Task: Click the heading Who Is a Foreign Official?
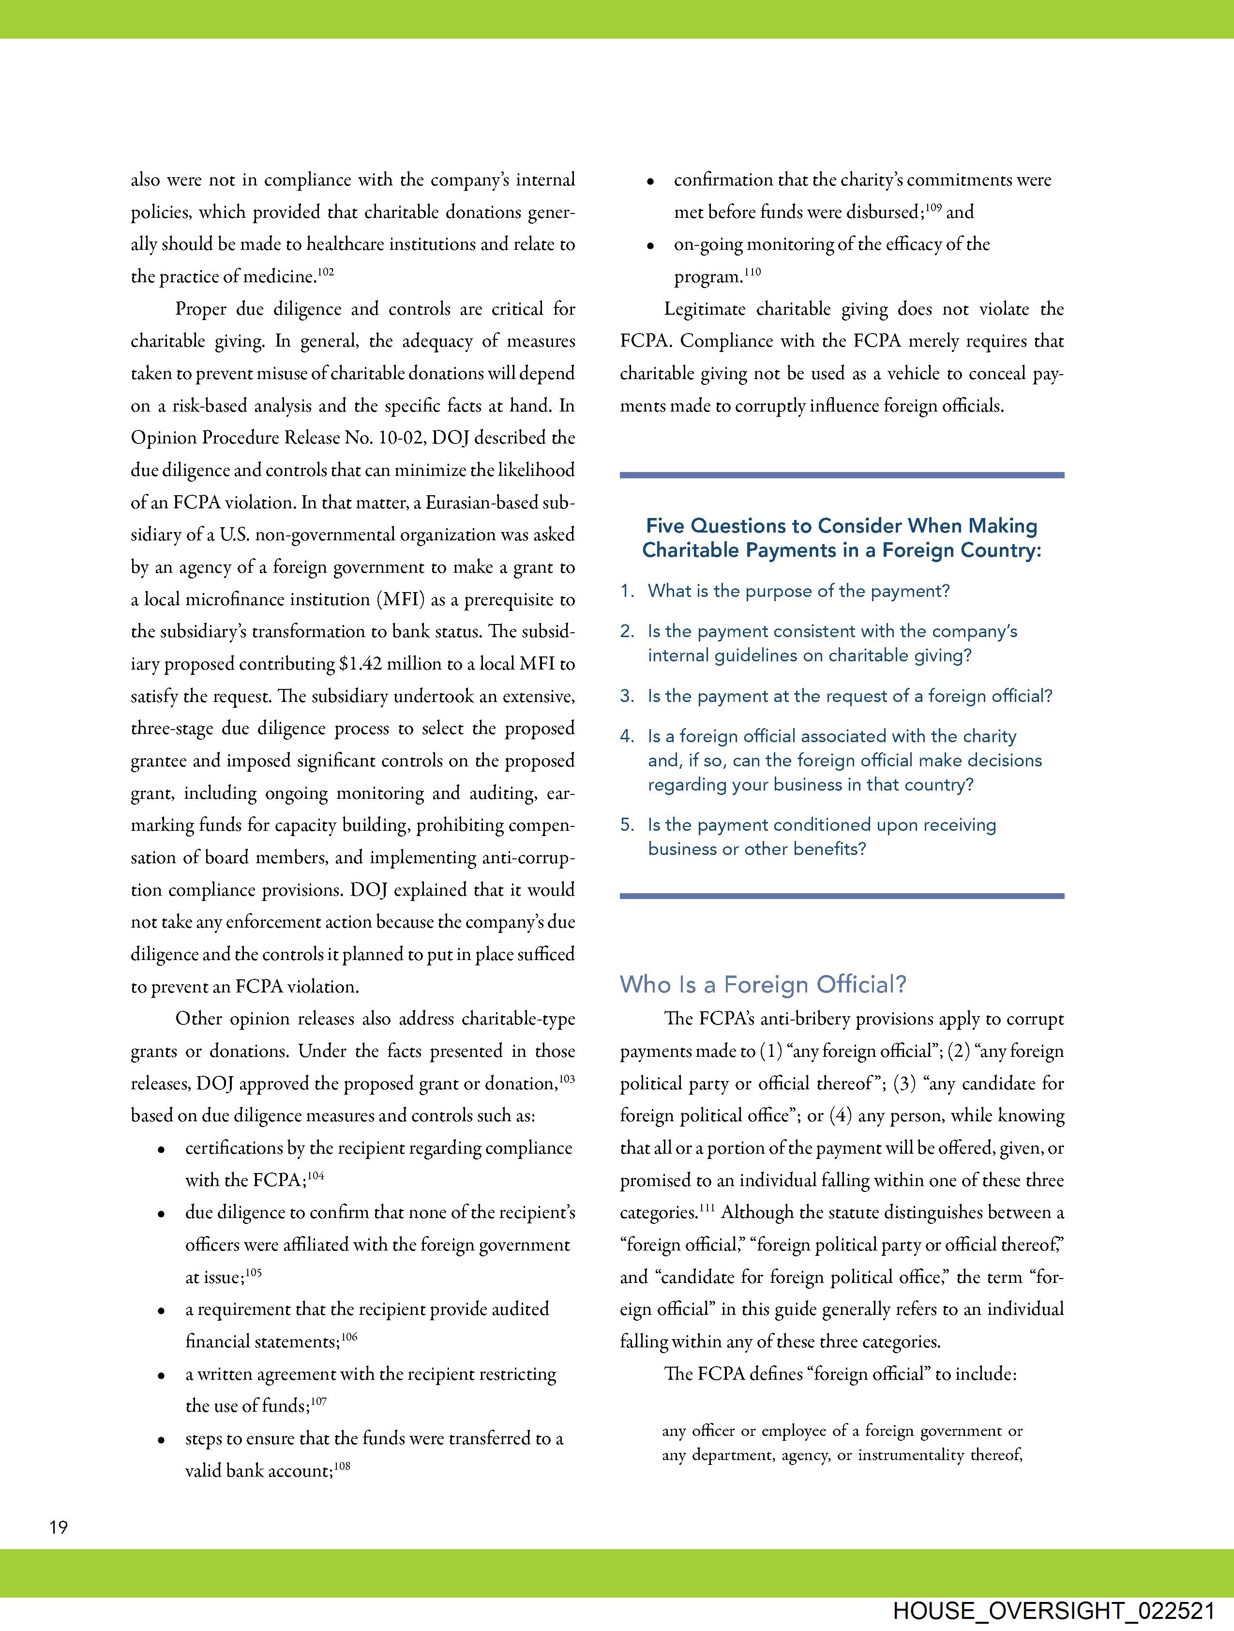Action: [x=763, y=984]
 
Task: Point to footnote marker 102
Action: [x=326, y=272]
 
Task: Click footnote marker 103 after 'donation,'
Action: [x=567, y=1079]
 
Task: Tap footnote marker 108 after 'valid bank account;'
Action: [x=342, y=1466]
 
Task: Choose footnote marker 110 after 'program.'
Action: [x=752, y=272]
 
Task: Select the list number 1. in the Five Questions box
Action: [x=627, y=591]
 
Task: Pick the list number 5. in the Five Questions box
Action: [x=627, y=825]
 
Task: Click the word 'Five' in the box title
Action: [x=665, y=526]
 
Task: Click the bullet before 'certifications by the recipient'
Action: [x=161, y=1149]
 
